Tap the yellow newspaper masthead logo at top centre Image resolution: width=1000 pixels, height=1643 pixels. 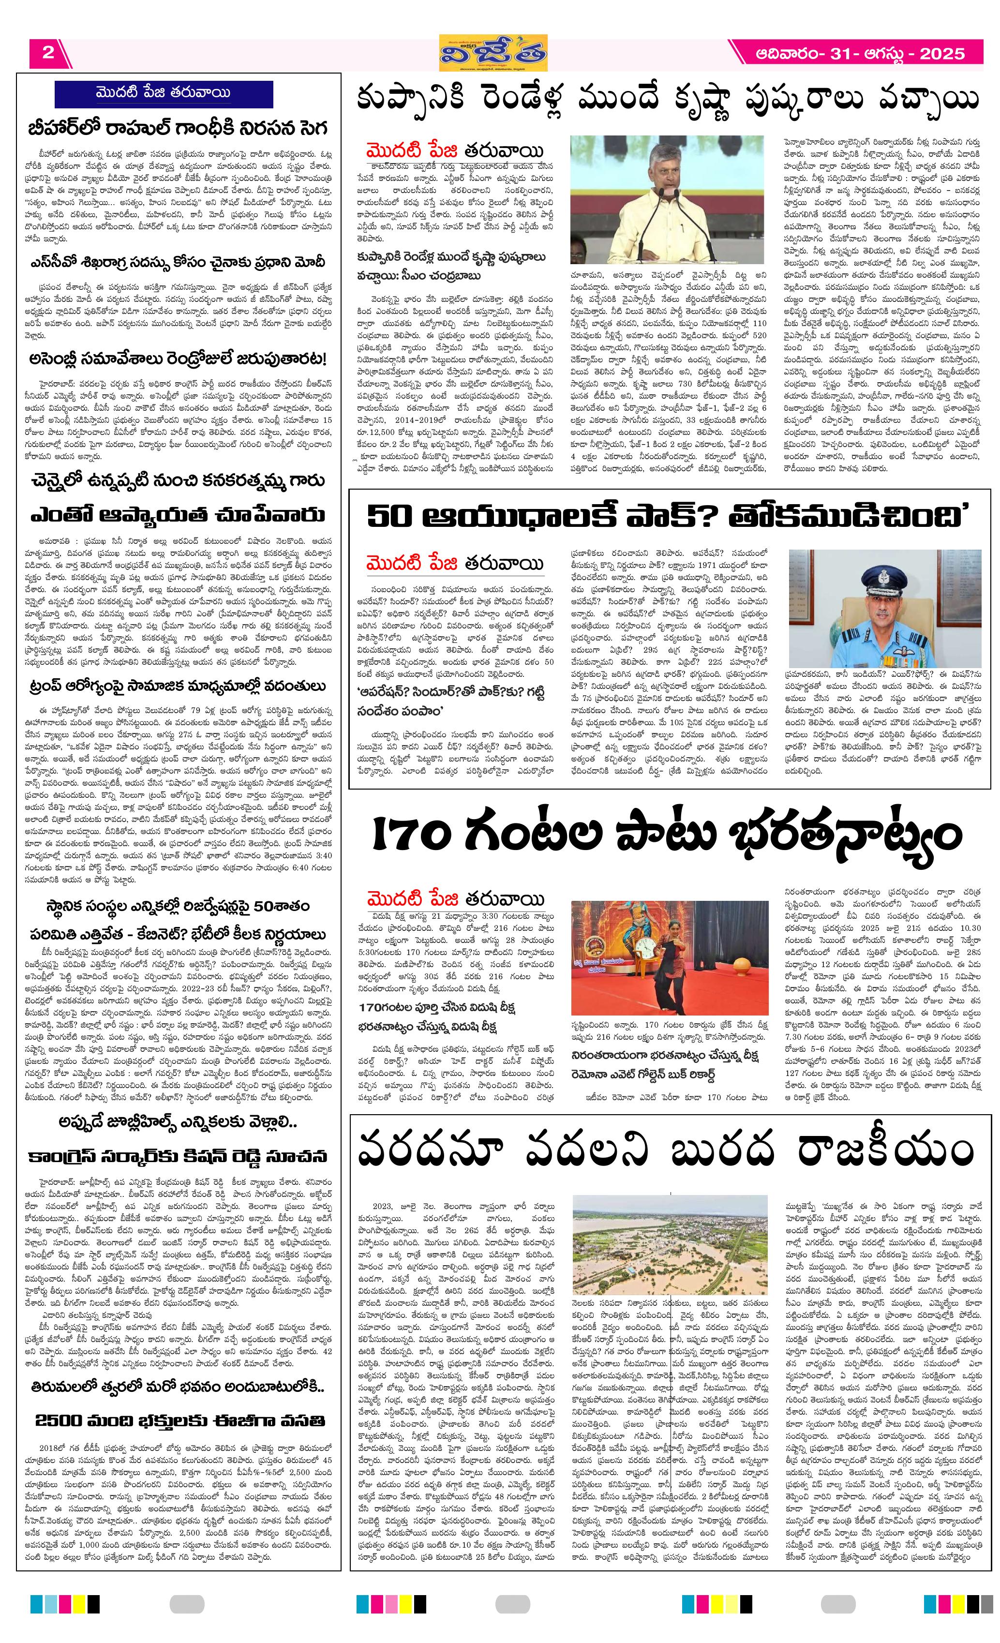pyautogui.click(x=493, y=52)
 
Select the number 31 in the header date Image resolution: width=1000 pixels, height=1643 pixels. pyautogui.click(x=844, y=53)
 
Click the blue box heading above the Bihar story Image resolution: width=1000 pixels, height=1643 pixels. pyautogui.click(x=164, y=93)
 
